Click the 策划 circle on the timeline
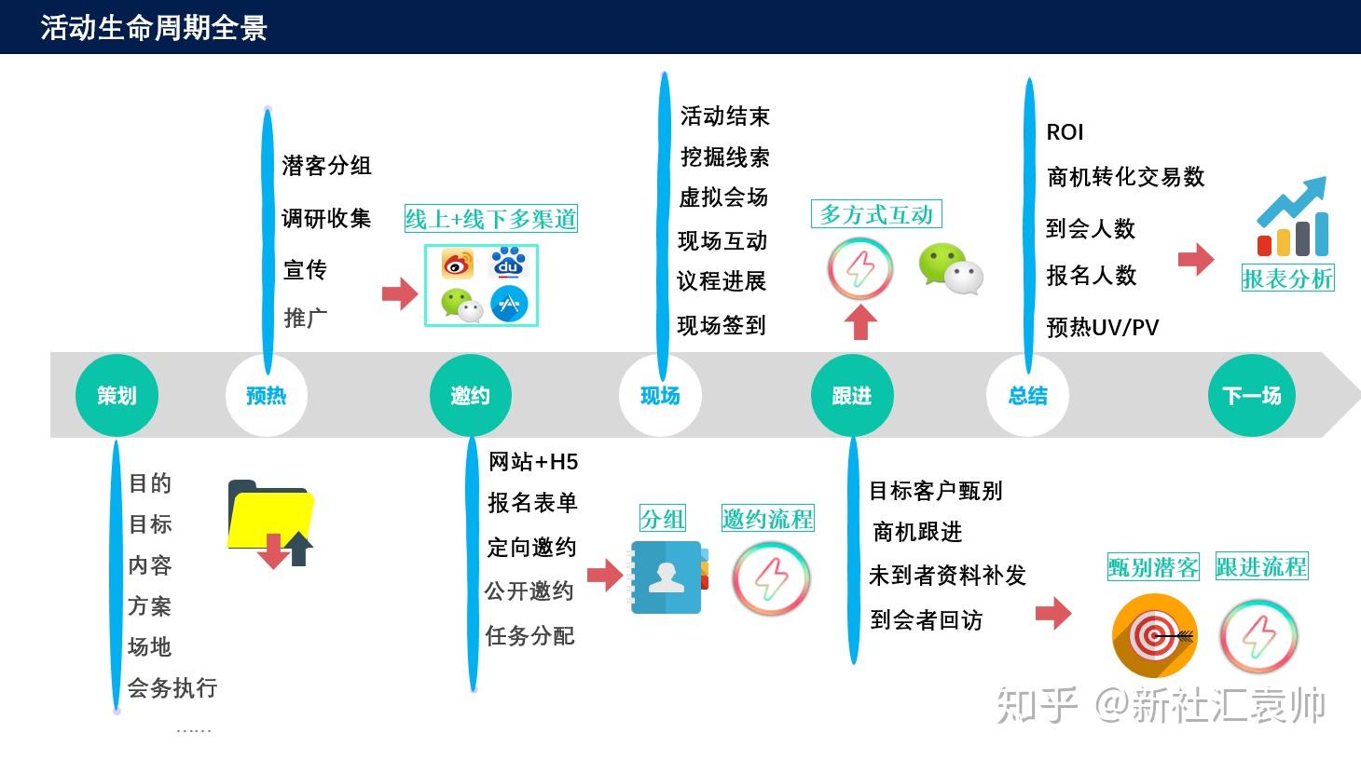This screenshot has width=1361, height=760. pyautogui.click(x=117, y=396)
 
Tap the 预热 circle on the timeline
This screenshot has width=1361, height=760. pyautogui.click(x=266, y=396)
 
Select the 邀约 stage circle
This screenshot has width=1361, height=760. pyautogui.click(x=470, y=396)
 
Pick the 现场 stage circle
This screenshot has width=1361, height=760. pyautogui.click(x=660, y=396)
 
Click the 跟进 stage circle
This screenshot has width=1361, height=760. pyautogui.click(x=852, y=396)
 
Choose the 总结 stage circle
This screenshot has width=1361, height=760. pyautogui.click(x=1027, y=396)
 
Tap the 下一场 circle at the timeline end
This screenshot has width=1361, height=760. pyautogui.click(x=1251, y=396)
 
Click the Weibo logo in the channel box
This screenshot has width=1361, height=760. pyautogui.click(x=457, y=265)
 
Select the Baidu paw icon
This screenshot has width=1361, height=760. pyautogui.click(x=508, y=264)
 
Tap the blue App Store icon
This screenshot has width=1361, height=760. pyautogui.click(x=509, y=304)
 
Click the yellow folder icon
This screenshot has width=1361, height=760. pyautogui.click(x=269, y=518)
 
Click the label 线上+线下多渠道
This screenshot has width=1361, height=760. pyautogui.click(x=491, y=219)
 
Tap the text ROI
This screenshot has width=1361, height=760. pyautogui.click(x=1065, y=132)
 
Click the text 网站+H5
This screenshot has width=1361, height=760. pyautogui.click(x=533, y=462)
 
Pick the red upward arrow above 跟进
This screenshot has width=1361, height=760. pyautogui.click(x=860, y=322)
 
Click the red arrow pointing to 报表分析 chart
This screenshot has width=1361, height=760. pyautogui.click(x=1196, y=259)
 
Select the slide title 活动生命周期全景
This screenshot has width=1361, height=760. pyautogui.click(x=154, y=27)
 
